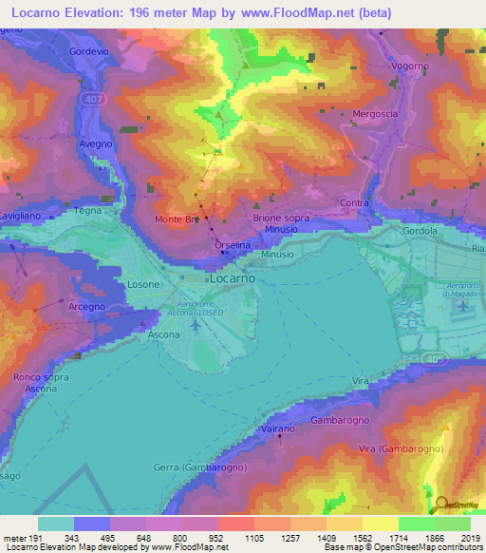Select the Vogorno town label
point(411,67)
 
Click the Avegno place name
point(96,143)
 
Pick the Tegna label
point(86,210)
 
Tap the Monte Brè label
point(177,219)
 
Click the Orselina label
point(233,245)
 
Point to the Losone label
point(144,284)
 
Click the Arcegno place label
point(86,307)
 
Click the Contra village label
point(354,202)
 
